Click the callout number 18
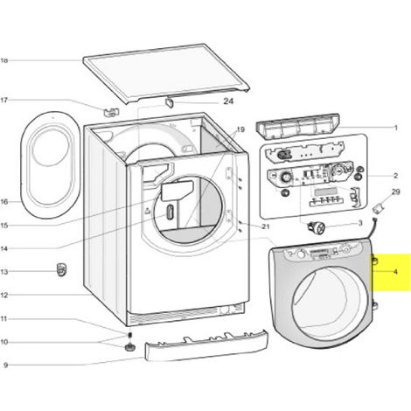click(4, 60)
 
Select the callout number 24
click(228, 101)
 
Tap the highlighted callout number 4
click(395, 272)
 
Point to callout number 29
click(395, 192)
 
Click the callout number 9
click(5, 365)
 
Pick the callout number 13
click(4, 272)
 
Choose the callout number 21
click(266, 226)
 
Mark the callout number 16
click(4, 201)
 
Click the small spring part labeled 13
click(61, 269)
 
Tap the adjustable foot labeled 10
click(129, 348)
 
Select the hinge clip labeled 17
click(111, 112)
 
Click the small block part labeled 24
click(170, 102)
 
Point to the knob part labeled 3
click(317, 227)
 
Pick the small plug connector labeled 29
click(379, 209)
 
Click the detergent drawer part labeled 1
click(298, 126)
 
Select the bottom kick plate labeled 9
click(206, 345)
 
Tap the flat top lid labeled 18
click(166, 73)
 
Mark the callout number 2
click(395, 176)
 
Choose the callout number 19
click(240, 129)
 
